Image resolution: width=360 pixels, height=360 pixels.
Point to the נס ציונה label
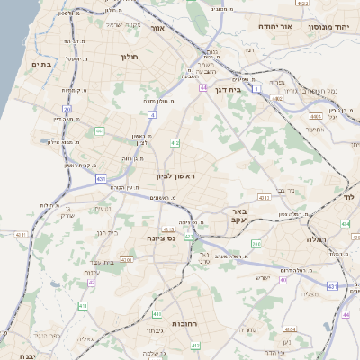click(x=163, y=238)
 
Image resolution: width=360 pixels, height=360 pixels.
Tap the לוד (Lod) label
click(x=348, y=194)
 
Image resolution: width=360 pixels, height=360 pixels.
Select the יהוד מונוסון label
click(x=329, y=27)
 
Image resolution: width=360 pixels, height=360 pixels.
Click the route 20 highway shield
click(x=67, y=109)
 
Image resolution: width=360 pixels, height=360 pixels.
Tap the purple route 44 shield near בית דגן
click(x=204, y=87)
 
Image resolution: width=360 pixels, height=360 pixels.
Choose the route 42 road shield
click(x=92, y=282)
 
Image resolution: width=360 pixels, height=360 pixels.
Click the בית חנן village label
click(x=107, y=232)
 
